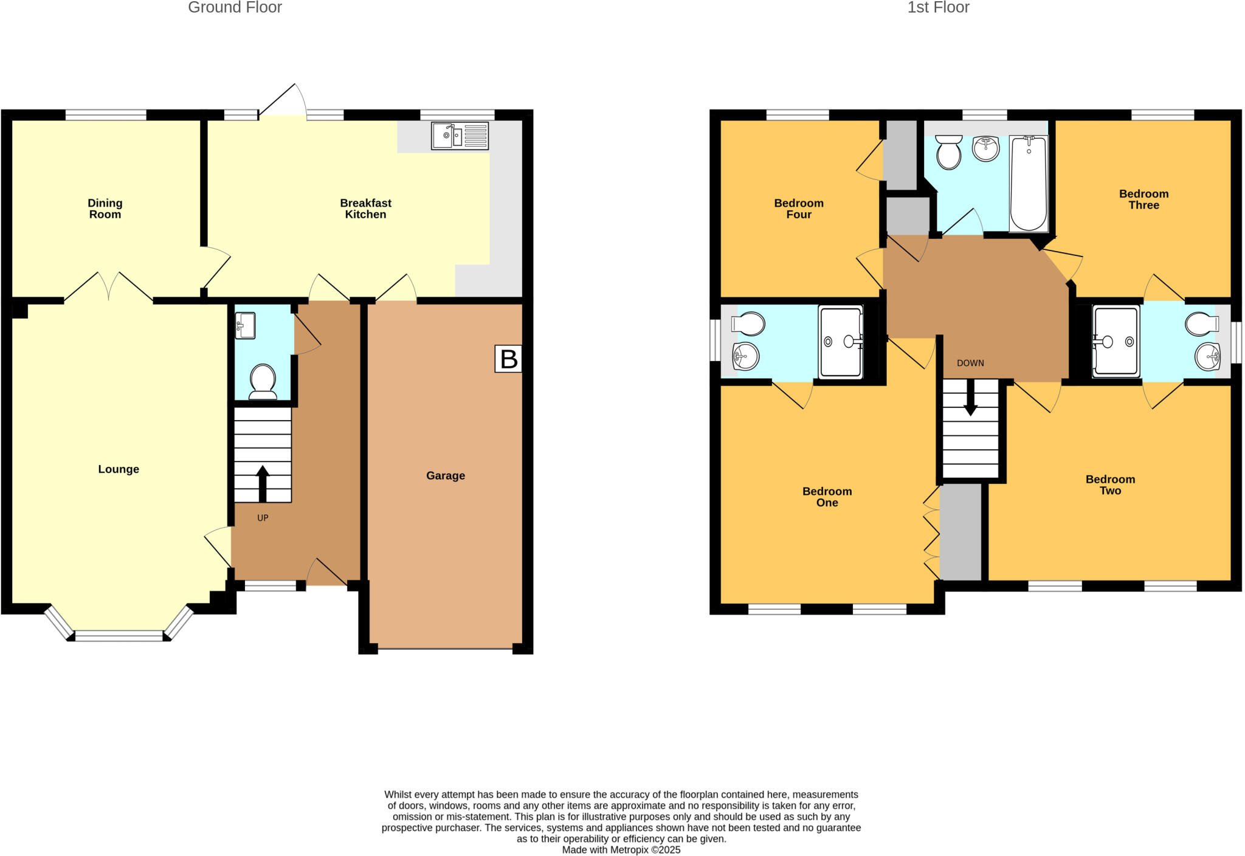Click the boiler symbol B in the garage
point(508,359)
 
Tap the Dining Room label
point(105,209)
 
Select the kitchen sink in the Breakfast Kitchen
point(460,136)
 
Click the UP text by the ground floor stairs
point(263,518)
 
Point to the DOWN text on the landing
point(970,363)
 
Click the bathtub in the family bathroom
point(1029,183)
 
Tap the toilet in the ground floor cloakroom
point(263,381)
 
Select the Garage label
point(446,475)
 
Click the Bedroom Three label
point(1143,199)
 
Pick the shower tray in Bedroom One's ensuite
point(841,342)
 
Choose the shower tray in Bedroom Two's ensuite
point(1116,342)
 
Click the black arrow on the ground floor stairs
point(263,483)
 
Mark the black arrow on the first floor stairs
point(970,398)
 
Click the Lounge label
point(119,469)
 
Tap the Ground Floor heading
point(235,8)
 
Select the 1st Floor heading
point(938,8)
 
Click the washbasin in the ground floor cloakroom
point(245,326)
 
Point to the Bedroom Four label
point(799,209)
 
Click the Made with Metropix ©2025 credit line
point(621,850)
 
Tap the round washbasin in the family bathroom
point(986,148)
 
